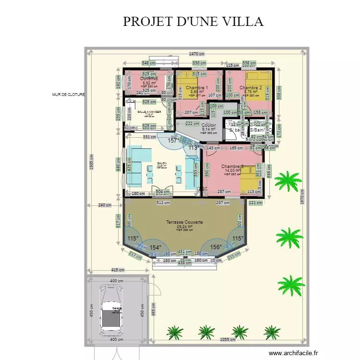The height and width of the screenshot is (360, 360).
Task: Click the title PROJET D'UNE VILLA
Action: click(x=193, y=22)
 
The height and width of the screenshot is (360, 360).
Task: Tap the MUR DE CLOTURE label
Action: click(x=68, y=95)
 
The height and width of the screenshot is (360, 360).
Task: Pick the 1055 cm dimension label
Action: click(x=228, y=339)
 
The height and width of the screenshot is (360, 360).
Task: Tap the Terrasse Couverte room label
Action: click(x=184, y=223)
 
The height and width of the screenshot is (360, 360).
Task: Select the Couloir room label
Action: click(x=209, y=125)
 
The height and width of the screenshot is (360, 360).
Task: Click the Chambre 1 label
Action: click(x=197, y=88)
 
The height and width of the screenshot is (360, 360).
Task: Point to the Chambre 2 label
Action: click(x=250, y=88)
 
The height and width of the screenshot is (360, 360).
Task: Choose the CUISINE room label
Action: click(x=149, y=78)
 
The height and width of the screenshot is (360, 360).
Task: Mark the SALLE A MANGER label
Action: click(x=149, y=112)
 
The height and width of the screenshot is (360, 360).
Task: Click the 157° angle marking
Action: click(x=172, y=141)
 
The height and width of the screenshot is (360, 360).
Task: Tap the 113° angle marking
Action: click(x=193, y=148)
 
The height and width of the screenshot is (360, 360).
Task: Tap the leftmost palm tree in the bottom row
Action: click(x=174, y=332)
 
